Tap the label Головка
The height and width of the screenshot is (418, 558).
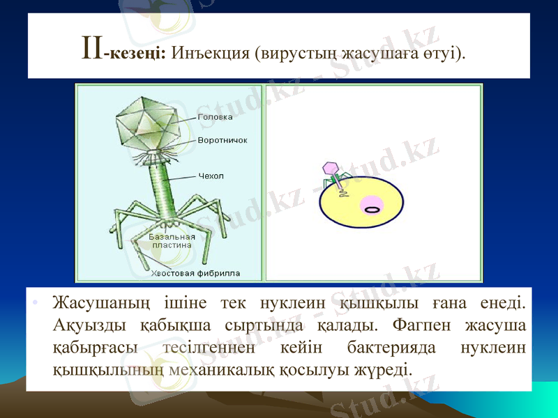pyautogui.click(x=216, y=117)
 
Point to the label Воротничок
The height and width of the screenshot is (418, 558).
pyautogui.click(x=223, y=140)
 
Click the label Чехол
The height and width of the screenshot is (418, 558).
pyautogui.click(x=211, y=176)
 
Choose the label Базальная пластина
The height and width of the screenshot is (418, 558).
pyautogui.click(x=172, y=240)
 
